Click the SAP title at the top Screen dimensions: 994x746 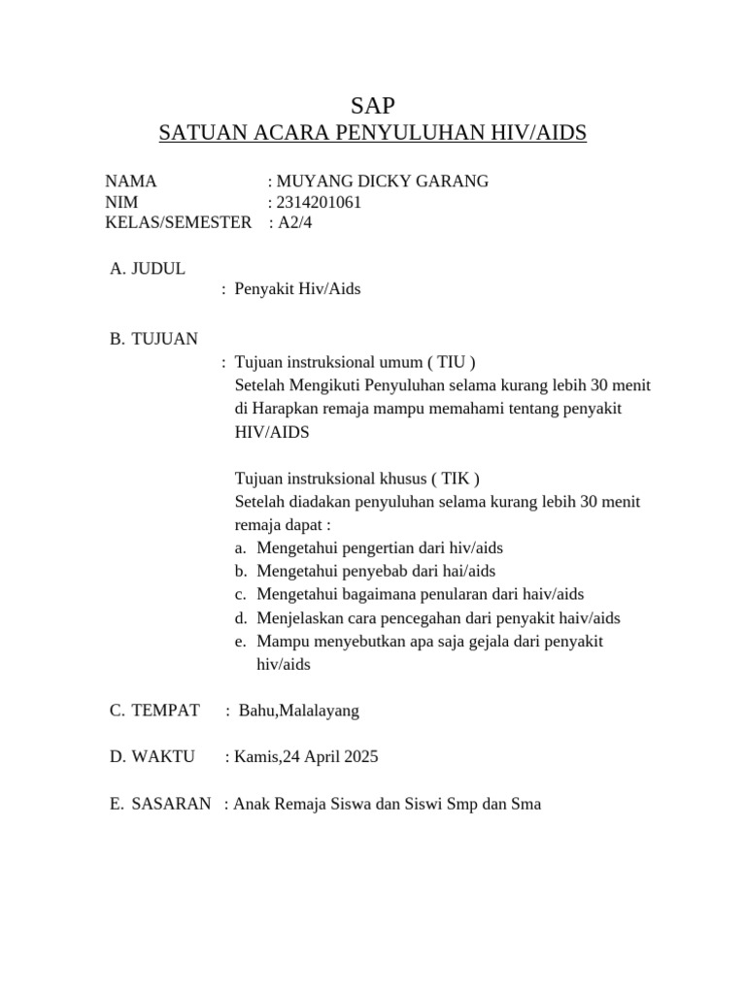click(x=373, y=106)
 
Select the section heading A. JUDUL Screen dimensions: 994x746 click(x=148, y=268)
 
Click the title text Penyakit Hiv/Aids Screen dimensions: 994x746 click(x=297, y=289)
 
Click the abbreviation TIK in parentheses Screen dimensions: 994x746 click(x=457, y=479)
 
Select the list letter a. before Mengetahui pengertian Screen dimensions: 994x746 click(x=241, y=548)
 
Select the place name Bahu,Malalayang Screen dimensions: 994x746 click(x=298, y=711)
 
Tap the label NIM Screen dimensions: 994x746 click(x=122, y=202)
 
